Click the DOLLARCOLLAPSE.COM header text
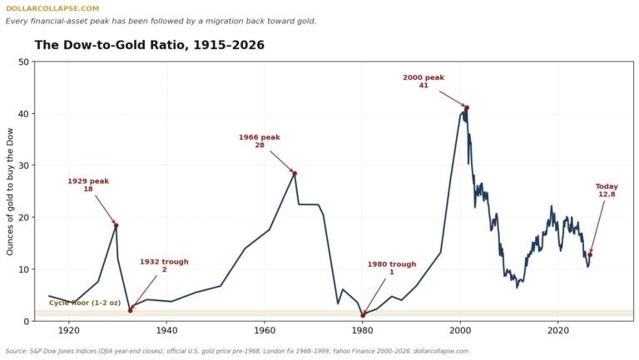click(52, 8)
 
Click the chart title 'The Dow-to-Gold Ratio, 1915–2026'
click(150, 45)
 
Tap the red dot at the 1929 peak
click(116, 225)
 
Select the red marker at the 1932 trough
click(131, 310)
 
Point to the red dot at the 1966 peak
click(295, 174)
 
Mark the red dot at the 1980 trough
click(363, 315)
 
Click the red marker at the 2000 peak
click(467, 108)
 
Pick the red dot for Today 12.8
click(590, 254)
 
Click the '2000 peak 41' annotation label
click(424, 81)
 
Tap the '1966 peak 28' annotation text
click(260, 141)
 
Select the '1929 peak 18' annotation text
click(88, 185)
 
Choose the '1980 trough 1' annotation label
click(392, 268)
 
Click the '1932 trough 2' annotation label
click(164, 265)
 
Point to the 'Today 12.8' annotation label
click(607, 190)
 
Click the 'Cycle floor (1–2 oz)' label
click(85, 303)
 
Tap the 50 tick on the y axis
click(24, 62)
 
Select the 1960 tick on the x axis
click(264, 330)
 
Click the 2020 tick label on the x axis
click(558, 330)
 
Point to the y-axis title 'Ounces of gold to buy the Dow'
click(10, 192)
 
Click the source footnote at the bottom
click(237, 351)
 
